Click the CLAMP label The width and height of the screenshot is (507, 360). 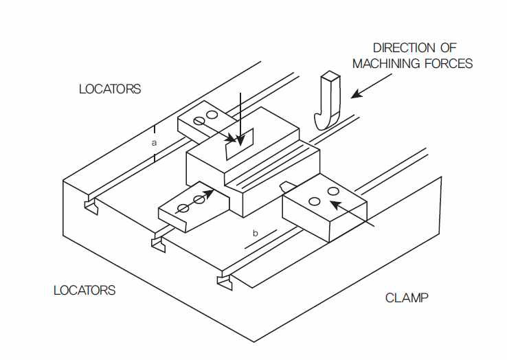[x=407, y=297]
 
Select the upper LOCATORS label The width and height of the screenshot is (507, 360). [x=110, y=89]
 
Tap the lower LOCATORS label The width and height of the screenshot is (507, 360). [x=84, y=290]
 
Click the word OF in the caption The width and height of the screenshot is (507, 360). [x=449, y=48]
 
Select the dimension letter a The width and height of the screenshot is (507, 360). [x=155, y=143]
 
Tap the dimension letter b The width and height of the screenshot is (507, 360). [x=256, y=233]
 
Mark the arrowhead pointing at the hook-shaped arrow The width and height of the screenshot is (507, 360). [x=356, y=94]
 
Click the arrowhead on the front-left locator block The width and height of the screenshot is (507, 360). [x=209, y=193]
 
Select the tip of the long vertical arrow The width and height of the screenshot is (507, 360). [x=240, y=145]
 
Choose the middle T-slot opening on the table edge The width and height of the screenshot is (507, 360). [x=159, y=244]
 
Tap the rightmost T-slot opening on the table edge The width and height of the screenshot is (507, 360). [x=225, y=282]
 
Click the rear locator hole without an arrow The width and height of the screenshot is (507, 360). [x=212, y=115]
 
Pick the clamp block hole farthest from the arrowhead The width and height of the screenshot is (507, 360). [x=314, y=202]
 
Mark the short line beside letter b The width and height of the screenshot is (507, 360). [x=261, y=239]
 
